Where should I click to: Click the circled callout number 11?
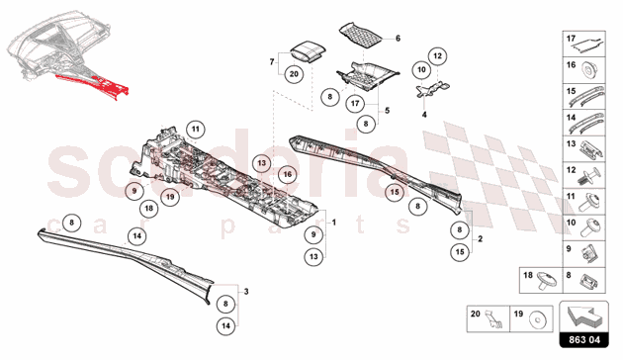tap(196, 130)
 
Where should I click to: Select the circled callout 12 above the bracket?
tap(437, 56)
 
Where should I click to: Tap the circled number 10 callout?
tap(421, 70)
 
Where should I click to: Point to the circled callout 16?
tap(287, 174)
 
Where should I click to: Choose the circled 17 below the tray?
tap(355, 104)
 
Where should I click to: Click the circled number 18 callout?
tap(149, 209)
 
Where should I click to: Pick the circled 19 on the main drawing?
tap(170, 197)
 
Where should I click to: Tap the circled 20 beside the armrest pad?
tap(294, 74)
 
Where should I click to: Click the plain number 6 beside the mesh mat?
tap(398, 39)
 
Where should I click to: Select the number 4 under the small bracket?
tap(424, 115)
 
